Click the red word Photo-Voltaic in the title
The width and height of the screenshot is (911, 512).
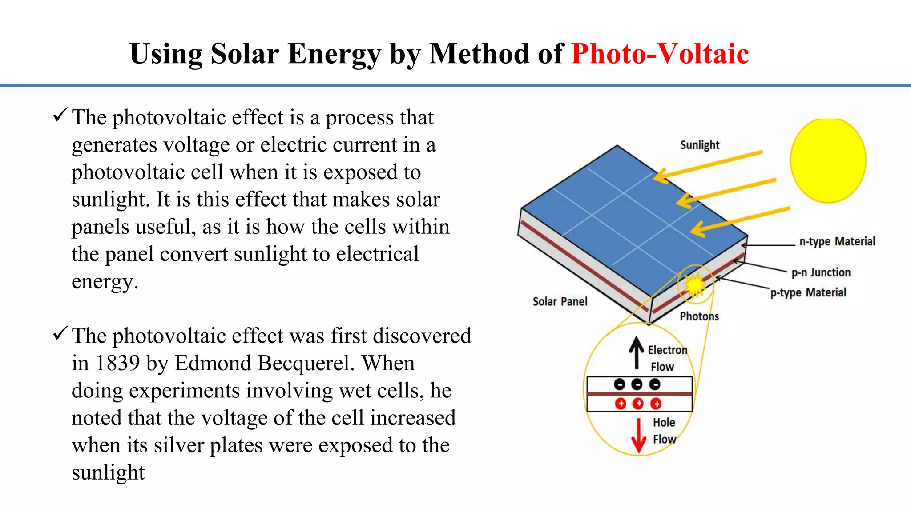[660, 54]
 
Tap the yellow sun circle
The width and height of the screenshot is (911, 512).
[828, 160]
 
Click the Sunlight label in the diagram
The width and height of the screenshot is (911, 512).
[699, 145]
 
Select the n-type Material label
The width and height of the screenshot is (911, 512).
[837, 241]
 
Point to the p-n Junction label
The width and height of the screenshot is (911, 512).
[821, 272]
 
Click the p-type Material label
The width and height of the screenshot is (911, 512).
[808, 292]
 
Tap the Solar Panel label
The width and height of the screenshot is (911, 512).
[560, 301]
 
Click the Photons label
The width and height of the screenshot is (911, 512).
[699, 316]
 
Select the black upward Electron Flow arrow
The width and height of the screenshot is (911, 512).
[637, 352]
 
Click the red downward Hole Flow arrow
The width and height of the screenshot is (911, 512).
[639, 436]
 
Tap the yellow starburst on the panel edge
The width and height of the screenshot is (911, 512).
[694, 284]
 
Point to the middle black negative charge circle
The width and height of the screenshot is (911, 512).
[637, 384]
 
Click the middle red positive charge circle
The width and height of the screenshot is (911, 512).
[638, 404]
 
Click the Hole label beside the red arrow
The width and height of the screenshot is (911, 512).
[664, 422]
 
